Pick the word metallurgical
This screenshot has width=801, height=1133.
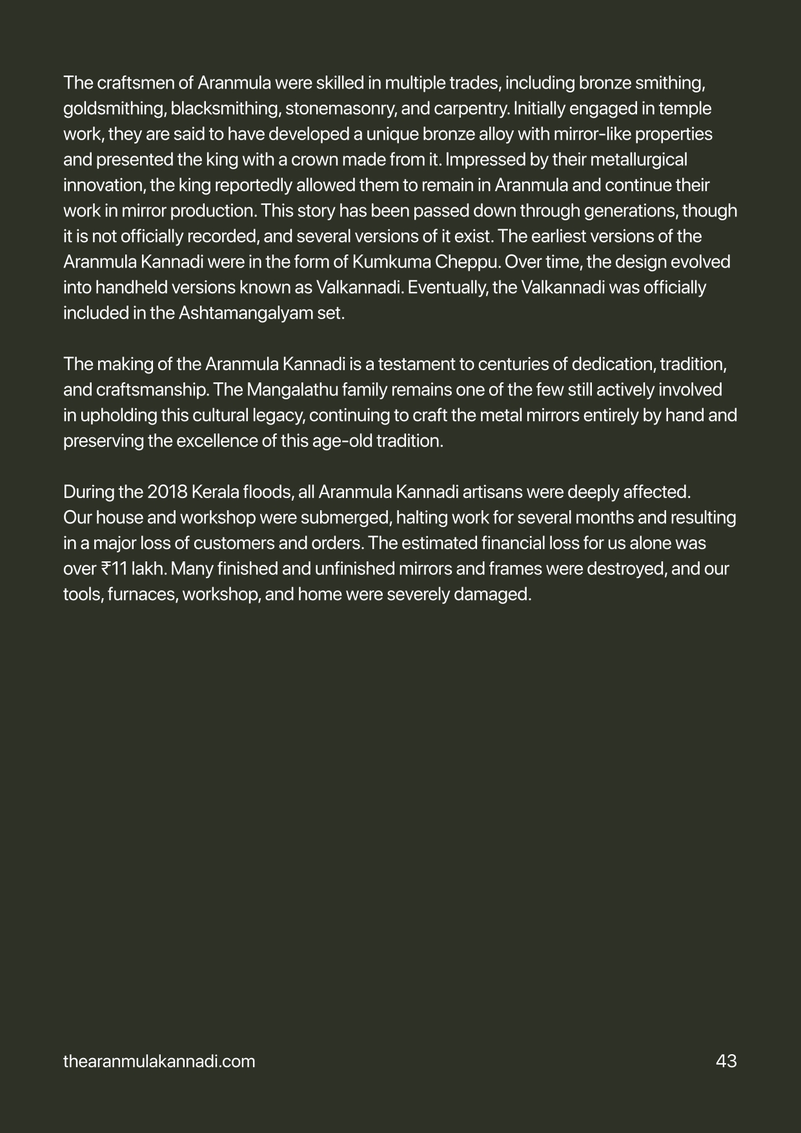click(x=636, y=160)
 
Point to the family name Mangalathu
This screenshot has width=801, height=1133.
click(x=287, y=390)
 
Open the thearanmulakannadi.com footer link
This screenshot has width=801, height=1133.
click(x=159, y=1061)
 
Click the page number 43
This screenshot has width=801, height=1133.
click(x=726, y=1061)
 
